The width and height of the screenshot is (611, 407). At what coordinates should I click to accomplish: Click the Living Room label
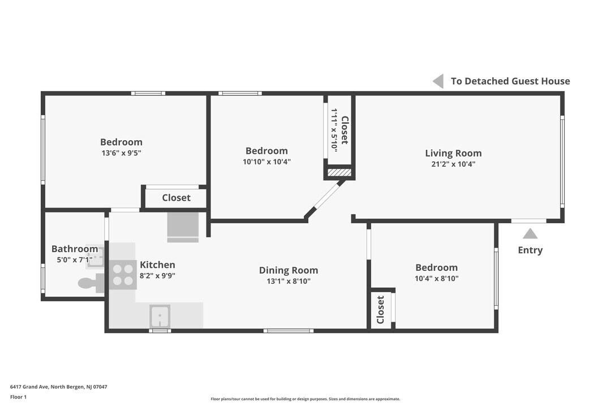[453, 153]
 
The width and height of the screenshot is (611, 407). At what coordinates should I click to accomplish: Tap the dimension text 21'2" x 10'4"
[453, 164]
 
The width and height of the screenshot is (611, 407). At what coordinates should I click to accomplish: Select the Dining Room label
[289, 270]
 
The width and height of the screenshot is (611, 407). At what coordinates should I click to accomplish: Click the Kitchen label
[157, 265]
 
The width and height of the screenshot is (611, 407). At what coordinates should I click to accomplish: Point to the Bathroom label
[75, 249]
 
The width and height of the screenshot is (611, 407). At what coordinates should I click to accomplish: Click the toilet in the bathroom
[88, 283]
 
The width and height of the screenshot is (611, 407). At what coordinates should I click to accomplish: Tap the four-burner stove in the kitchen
[123, 275]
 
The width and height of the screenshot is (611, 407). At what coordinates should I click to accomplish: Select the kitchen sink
[160, 315]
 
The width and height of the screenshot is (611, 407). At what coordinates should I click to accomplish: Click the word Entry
[530, 250]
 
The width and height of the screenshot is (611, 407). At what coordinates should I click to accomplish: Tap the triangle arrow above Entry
[530, 233]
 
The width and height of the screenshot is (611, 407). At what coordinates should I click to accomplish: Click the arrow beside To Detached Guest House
[438, 81]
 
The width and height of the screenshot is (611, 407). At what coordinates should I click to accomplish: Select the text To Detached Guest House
[510, 81]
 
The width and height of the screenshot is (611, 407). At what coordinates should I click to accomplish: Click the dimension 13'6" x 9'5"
[121, 153]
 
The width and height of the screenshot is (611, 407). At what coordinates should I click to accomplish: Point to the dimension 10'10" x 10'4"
[266, 162]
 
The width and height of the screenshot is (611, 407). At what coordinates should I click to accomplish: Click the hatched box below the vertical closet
[339, 172]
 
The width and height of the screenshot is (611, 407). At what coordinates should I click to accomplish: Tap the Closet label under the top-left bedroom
[176, 198]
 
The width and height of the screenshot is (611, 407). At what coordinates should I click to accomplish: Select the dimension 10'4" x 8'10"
[436, 278]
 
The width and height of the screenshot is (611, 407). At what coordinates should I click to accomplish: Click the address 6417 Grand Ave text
[58, 387]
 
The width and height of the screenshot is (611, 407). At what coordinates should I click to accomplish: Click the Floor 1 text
[18, 397]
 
